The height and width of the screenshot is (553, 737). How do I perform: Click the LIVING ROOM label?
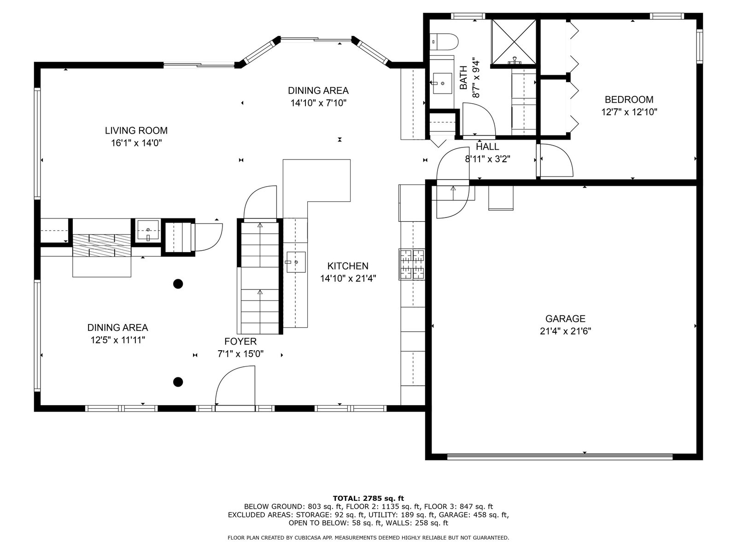[x=136, y=130]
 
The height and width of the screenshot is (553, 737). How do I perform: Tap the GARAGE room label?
[x=565, y=318]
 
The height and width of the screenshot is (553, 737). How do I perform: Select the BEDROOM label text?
[x=629, y=100]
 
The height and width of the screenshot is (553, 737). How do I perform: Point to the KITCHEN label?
[x=348, y=266]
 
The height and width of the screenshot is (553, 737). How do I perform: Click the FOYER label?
[x=240, y=341]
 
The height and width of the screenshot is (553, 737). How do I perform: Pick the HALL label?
[x=487, y=147]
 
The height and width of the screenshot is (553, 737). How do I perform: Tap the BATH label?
[x=463, y=77]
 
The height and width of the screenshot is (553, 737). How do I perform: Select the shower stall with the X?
[x=514, y=41]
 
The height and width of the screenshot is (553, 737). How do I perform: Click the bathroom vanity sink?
[x=442, y=83]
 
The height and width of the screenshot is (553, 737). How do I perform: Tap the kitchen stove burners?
[x=412, y=264]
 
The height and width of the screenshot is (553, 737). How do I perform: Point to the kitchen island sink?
[x=296, y=262]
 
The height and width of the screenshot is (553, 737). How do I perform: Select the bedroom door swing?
[x=556, y=160]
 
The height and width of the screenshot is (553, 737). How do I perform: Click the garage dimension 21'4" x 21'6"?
[x=566, y=331]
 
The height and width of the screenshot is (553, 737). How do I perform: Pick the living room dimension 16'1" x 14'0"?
[x=136, y=143]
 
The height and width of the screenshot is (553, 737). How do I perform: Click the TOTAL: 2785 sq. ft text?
[x=368, y=498]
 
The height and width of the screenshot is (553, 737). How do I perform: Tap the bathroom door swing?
[x=479, y=119]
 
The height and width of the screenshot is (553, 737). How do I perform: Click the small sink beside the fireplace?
[x=148, y=230]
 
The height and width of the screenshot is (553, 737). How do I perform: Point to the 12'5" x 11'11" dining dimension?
[x=117, y=340]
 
